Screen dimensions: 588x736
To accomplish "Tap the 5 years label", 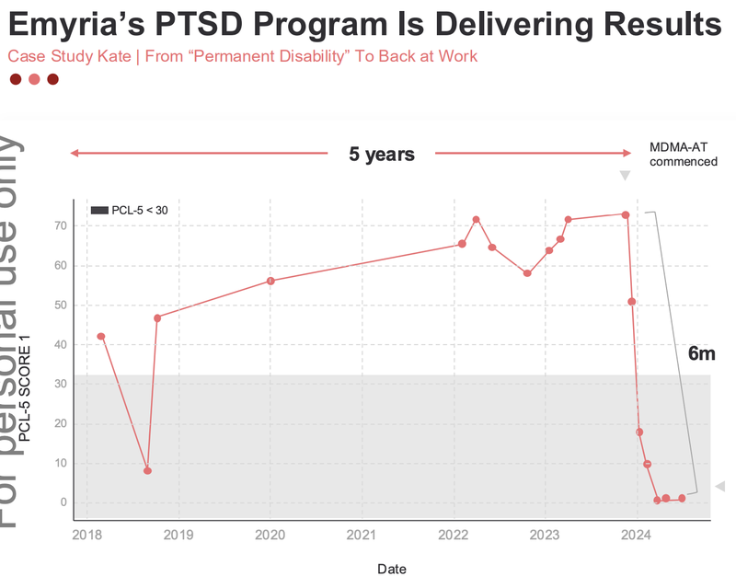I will coord(381,155).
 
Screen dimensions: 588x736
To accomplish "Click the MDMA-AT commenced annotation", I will coord(683,155).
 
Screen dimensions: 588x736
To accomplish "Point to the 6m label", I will coord(701,353).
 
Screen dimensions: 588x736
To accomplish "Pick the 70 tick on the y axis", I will coord(61,225).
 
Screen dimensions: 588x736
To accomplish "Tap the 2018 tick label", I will coord(86,535).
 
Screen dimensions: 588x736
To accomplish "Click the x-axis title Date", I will coord(391,569).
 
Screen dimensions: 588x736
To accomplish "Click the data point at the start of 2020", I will coord(270,281).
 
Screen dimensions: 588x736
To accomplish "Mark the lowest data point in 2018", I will coord(147,470).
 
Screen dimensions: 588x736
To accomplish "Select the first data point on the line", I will coord(100,337).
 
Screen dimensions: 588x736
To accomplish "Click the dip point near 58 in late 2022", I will coord(527,273).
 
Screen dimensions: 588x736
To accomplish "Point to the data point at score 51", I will coord(632,302).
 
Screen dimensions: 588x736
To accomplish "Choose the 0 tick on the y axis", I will coord(61,502).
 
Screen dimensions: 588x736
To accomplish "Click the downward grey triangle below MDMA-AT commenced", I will coord(625,176).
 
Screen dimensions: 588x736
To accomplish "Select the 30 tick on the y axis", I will coord(61,384).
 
